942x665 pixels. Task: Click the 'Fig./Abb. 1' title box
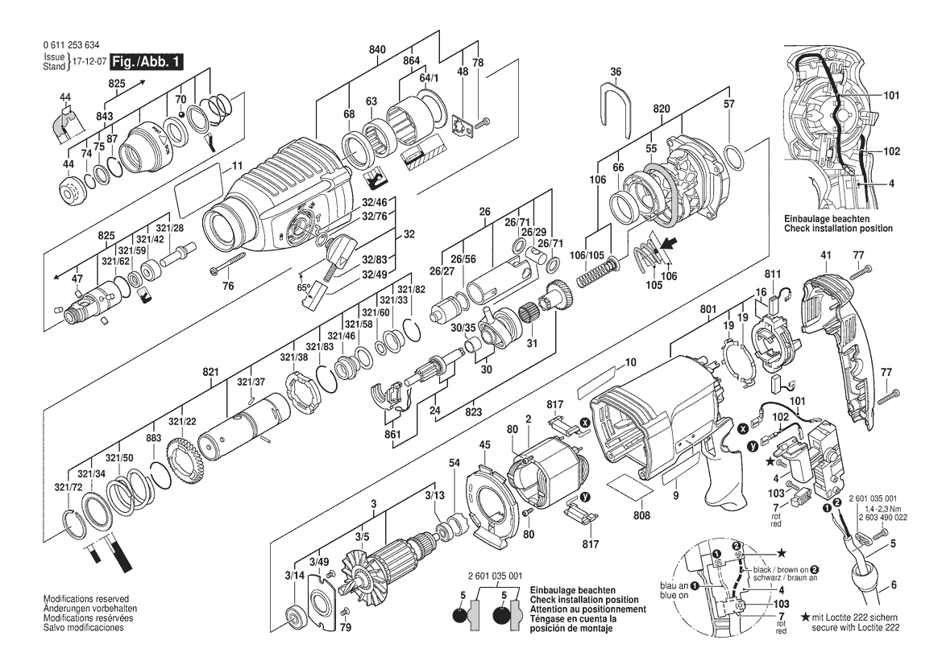(x=147, y=62)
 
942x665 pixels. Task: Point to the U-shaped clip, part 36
(x=616, y=109)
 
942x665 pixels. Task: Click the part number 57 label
(x=729, y=104)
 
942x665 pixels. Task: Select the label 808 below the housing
(x=641, y=515)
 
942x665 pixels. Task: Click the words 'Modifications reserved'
(x=86, y=599)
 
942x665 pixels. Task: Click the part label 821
(x=210, y=372)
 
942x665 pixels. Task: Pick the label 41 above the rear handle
(x=825, y=256)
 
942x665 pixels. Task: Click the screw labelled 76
(x=228, y=264)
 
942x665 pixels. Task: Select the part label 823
(x=473, y=411)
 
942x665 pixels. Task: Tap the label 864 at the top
(x=412, y=61)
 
